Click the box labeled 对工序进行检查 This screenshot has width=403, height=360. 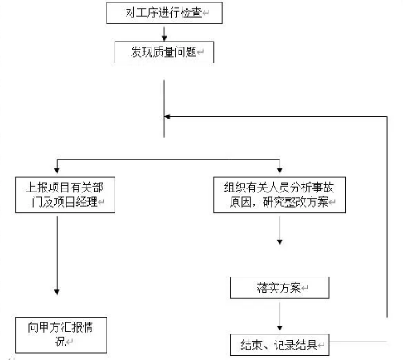coord(164,13)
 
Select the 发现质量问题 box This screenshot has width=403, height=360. coord(164,52)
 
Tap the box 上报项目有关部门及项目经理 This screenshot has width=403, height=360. coord(65,195)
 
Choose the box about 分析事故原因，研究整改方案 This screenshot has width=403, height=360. coord(280,195)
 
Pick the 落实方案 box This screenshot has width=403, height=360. coord(280,288)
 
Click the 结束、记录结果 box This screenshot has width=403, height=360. coord(280,345)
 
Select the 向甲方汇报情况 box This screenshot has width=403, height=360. coord(61,335)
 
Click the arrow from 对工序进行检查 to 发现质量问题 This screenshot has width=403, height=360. coord(164,34)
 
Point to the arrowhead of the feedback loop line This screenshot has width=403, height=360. coord(167,116)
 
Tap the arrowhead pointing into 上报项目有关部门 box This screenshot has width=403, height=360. coord(57,170)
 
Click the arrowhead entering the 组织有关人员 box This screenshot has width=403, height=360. coord(280,170)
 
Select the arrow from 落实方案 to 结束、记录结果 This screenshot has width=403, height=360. coord(280,317)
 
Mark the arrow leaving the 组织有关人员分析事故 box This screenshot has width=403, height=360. coord(280,230)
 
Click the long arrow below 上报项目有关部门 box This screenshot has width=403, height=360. coord(57,256)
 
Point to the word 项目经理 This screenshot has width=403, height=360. coord(75,202)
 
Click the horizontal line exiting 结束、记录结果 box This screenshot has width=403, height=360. coord(358,342)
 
